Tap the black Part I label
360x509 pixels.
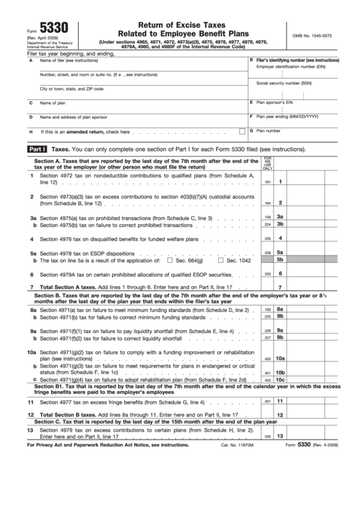tap(36, 147)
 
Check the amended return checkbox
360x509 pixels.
tap(242, 131)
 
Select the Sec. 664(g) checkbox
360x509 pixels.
tap(170, 260)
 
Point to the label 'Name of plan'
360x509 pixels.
tap(53, 103)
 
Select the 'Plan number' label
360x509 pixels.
tap(268, 130)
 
